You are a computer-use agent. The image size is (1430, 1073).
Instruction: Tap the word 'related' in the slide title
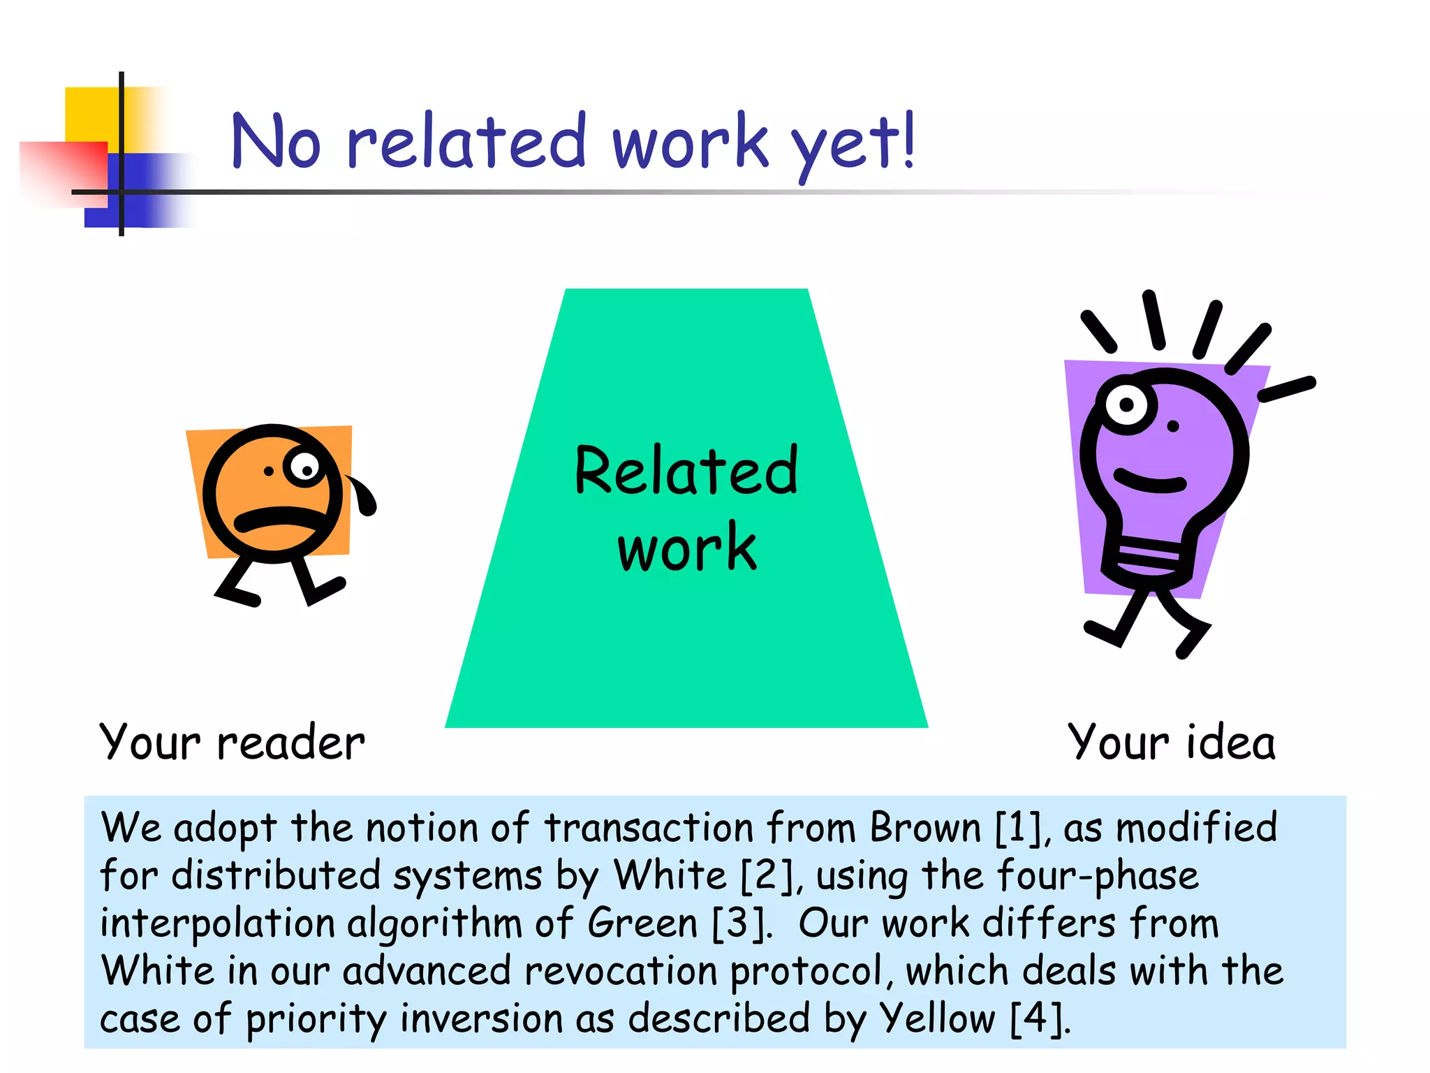466,141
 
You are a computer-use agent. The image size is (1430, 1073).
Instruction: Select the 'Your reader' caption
232,742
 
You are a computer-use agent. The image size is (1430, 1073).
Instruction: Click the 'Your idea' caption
1172,742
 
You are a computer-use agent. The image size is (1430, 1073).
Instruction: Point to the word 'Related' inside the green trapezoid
686,471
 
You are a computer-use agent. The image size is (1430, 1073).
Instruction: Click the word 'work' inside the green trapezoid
686,547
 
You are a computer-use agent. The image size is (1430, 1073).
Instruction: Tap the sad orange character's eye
304,467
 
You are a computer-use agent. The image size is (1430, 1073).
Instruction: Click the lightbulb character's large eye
1126,404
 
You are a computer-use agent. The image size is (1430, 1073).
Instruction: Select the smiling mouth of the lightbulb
1150,482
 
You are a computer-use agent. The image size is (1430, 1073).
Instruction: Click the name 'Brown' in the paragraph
926,829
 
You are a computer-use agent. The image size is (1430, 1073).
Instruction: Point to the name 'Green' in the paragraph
642,924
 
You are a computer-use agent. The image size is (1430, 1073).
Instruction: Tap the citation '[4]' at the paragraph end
1039,1019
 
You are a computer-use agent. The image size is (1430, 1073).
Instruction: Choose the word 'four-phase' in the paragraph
1097,876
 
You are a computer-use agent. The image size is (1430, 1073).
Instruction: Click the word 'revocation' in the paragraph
621,971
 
